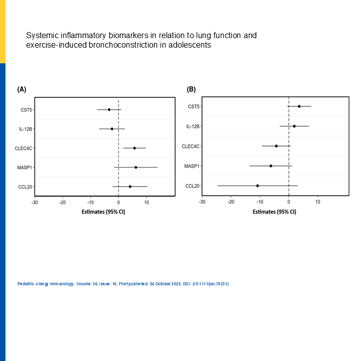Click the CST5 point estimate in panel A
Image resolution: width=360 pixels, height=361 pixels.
tap(109, 109)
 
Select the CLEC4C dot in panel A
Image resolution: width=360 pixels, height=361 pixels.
tap(134, 148)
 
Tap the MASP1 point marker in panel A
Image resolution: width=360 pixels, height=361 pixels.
tap(136, 167)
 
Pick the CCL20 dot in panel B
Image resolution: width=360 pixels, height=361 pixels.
tap(258, 186)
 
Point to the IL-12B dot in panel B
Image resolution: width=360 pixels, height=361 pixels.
tap(294, 126)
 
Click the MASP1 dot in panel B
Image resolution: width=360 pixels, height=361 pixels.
tap(271, 165)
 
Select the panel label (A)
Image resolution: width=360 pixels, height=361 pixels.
tap(22, 89)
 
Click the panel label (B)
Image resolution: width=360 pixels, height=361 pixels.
tap(191, 89)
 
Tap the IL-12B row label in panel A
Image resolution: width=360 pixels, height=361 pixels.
tap(26, 129)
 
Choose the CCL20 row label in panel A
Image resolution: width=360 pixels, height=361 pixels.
tap(26, 187)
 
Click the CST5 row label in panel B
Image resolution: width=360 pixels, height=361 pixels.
tap(194, 106)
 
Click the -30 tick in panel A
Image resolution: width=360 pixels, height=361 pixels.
tap(34, 203)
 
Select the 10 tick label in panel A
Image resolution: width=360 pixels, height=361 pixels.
tap(146, 203)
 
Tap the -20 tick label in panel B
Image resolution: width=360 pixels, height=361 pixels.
tap(231, 202)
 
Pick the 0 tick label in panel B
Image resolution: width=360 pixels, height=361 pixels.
tap(289, 202)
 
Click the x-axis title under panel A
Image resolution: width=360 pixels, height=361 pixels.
tap(104, 212)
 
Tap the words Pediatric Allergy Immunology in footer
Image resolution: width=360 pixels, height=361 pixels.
tap(45, 284)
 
